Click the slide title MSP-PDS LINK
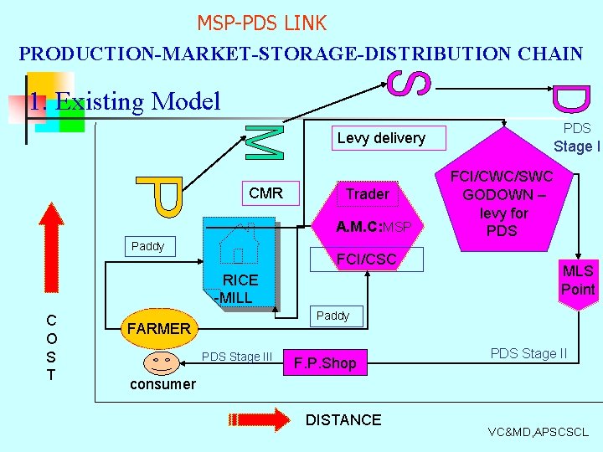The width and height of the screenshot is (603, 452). (x=261, y=23)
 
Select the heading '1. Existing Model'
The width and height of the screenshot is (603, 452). (x=124, y=102)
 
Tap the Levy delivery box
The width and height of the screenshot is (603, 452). (x=381, y=138)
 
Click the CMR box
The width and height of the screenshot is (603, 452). (x=265, y=193)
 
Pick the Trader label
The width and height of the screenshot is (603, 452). (x=368, y=194)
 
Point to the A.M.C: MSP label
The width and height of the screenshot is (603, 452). (x=373, y=227)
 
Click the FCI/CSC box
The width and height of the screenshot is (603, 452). (x=366, y=259)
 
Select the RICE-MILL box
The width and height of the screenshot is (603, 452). (x=240, y=289)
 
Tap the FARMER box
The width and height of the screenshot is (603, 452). (x=158, y=328)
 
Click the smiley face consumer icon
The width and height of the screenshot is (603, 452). (x=162, y=362)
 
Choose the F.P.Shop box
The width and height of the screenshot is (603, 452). (x=326, y=363)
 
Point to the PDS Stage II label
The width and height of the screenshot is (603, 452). (x=528, y=353)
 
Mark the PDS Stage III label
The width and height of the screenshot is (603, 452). (x=238, y=357)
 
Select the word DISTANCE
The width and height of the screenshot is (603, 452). (x=343, y=420)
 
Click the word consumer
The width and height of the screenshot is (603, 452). (x=162, y=384)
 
